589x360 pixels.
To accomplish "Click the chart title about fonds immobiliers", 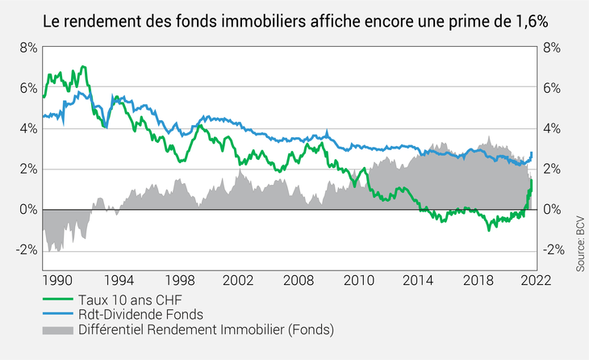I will (294, 22).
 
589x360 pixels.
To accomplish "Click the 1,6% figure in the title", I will (528, 22).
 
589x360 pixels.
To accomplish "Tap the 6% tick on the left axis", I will (28, 88).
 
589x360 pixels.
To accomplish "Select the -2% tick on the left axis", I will (26, 249).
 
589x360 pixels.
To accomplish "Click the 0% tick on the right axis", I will (551, 209).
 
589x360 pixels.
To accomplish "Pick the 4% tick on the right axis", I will (551, 128).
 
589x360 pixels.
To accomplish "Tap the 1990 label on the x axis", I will (57, 279).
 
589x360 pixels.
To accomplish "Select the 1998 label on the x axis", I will (178, 279).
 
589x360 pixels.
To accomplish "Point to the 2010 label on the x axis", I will (357, 279).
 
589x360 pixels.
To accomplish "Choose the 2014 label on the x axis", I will (418, 279).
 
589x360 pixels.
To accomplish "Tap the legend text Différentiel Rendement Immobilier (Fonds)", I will (205, 329).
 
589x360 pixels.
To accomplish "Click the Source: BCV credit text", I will (580, 243).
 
